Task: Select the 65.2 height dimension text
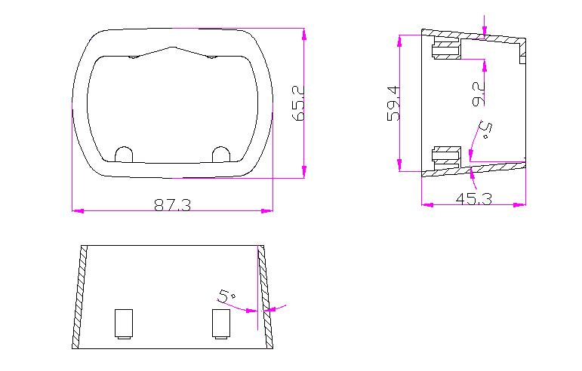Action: [x=298, y=103]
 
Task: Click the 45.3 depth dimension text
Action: [x=474, y=199]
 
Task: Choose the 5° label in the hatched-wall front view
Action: [x=224, y=296]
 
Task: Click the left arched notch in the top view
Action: [x=124, y=153]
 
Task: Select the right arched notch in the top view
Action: [x=220, y=153]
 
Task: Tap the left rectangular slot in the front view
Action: [x=123, y=323]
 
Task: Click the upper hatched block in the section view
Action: [x=445, y=50]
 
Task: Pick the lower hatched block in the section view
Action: [x=445, y=155]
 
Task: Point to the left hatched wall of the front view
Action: [x=79, y=296]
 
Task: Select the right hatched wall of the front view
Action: [x=265, y=296]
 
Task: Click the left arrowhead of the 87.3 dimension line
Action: [x=75, y=210]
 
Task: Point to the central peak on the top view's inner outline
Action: [x=175, y=48]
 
